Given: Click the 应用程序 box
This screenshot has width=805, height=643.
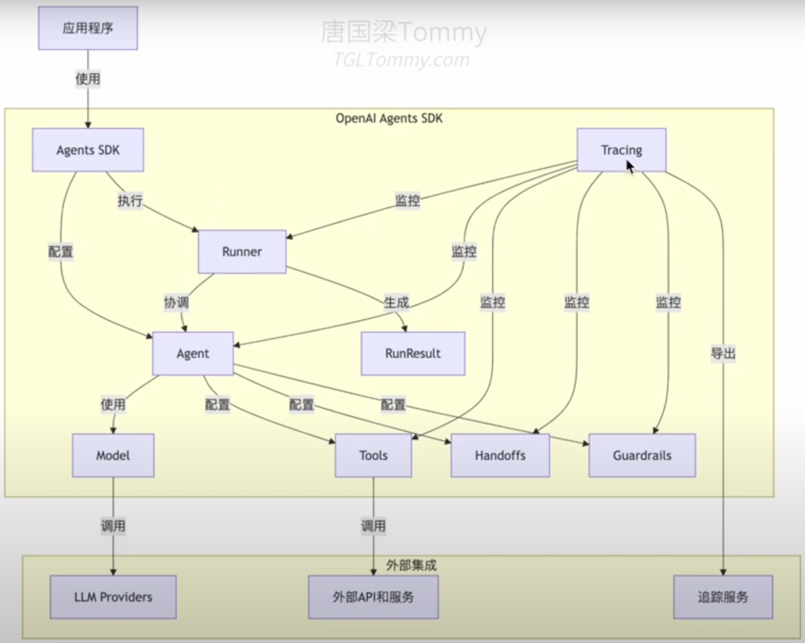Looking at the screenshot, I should pos(88,28).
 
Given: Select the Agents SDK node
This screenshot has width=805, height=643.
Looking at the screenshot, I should pos(88,150).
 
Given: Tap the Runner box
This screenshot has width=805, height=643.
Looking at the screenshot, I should pos(242,251).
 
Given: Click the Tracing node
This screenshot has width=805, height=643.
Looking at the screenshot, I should pos(622,150).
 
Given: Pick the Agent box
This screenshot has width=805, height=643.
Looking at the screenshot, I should pos(193,353).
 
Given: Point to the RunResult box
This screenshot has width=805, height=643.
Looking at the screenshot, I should pos(413,353).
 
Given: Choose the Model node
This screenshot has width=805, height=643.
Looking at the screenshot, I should pos(113,455).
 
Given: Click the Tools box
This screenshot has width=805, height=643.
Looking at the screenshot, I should pos(373,455).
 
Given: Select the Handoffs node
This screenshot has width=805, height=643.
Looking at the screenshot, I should pos(500,455).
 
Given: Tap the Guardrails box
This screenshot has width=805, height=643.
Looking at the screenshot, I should pos(642,455).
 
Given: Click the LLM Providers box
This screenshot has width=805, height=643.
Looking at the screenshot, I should pos(113,597).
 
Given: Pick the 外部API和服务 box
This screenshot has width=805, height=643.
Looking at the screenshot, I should pos(373,597).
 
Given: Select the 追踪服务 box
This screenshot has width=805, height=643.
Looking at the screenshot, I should pos(723,597).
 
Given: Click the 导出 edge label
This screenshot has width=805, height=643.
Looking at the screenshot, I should pos(723,354).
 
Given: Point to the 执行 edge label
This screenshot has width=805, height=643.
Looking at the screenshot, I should pos(130,201).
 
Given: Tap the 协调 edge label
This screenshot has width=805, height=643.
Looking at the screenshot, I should pos(176,303).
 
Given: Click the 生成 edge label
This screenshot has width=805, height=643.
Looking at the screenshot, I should pos(396,303).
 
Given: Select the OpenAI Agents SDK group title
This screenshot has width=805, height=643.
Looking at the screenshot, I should pos(389,118).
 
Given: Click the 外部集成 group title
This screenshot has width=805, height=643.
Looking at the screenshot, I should pos(408,565).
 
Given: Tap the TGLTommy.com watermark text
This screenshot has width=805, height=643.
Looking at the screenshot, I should pos(401,61).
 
